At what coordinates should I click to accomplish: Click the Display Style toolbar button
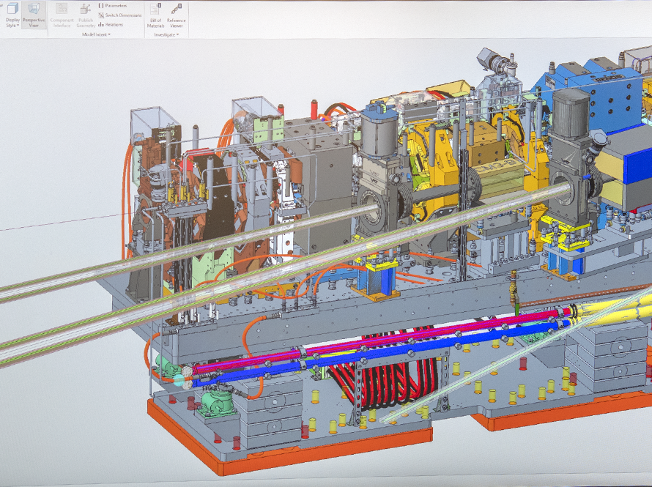point(12,15)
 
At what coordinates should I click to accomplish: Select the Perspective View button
point(34,15)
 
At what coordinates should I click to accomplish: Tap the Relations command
point(111,24)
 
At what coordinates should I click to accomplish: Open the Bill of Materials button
point(155,15)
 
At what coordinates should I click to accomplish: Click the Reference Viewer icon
point(176,15)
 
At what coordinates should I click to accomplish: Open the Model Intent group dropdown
point(95,34)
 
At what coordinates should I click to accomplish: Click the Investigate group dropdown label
point(166,34)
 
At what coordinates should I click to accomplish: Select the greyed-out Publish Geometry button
point(86,15)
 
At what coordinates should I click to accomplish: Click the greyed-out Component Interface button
point(62,15)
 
